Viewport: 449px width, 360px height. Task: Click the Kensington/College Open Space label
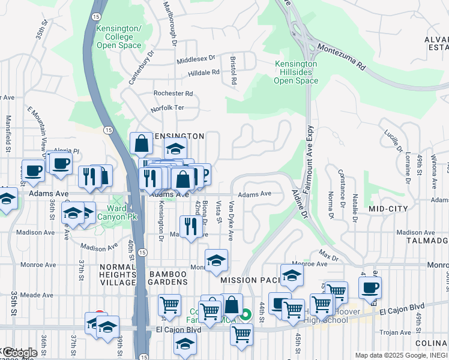[119, 37]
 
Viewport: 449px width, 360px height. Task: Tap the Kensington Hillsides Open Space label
[296, 72]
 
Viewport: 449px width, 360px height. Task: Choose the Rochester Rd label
[173, 94]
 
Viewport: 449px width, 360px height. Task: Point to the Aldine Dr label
[300, 203]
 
